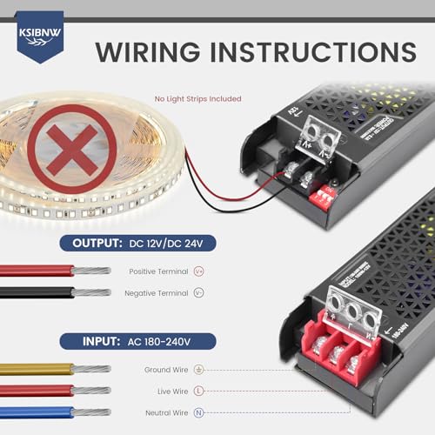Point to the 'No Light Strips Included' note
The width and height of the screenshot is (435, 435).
pyautogui.click(x=197, y=98)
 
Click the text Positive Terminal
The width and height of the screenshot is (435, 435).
pyautogui.click(x=158, y=271)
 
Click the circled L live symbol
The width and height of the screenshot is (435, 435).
pyautogui.click(x=199, y=391)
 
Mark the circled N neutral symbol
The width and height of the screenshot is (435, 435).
pyautogui.click(x=199, y=412)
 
